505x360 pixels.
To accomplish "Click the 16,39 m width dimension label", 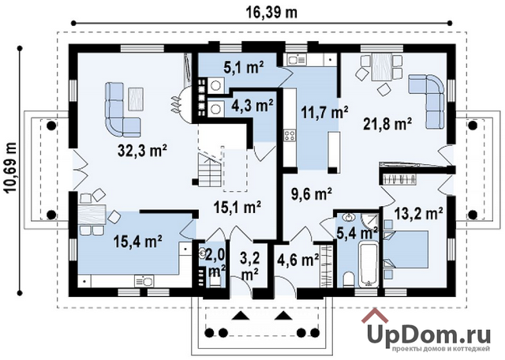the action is click(271, 12).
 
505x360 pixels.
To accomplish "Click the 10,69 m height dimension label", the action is click(11, 168).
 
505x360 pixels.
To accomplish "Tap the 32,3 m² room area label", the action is click(142, 151).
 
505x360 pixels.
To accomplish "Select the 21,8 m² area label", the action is click(388, 124).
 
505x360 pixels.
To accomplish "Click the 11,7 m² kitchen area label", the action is click(324, 113).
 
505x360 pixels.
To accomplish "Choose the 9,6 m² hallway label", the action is click(312, 194).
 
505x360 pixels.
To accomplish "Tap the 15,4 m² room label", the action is click(137, 242).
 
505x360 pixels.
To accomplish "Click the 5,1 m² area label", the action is click(244, 68).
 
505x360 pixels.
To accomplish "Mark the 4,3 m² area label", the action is click(252, 105).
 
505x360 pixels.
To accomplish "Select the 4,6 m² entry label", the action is click(298, 260).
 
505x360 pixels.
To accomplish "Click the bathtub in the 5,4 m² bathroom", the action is click(368, 264).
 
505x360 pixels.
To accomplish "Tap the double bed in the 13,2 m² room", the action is click(406, 249).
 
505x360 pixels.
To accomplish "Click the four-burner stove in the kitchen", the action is click(290, 135).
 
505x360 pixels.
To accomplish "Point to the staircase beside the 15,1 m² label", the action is click(210, 170).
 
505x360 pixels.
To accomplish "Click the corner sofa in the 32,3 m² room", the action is click(122, 108).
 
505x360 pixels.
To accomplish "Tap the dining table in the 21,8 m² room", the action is click(382, 67).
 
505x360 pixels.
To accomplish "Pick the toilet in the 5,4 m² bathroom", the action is click(348, 279).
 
